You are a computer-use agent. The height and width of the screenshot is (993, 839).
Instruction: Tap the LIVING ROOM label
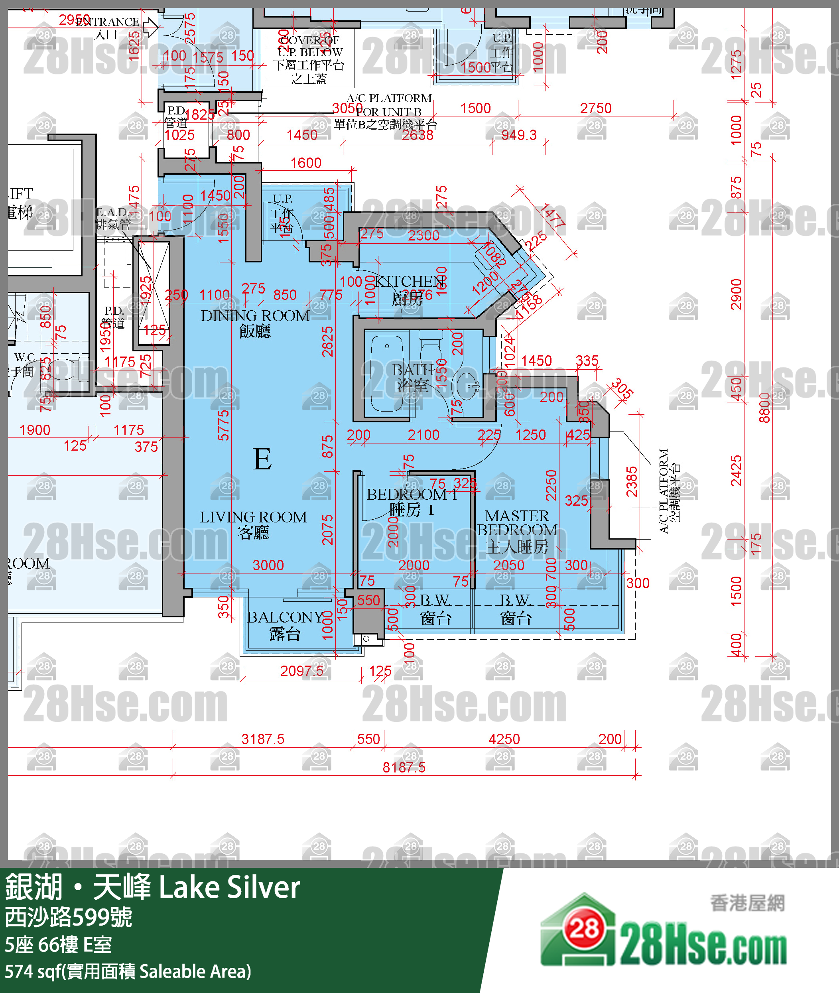[x=253, y=524]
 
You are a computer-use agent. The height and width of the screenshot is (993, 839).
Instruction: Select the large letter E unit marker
[x=262, y=459]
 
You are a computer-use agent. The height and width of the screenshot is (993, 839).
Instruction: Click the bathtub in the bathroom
[x=387, y=373]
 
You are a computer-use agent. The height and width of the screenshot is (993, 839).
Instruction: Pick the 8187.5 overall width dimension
[x=404, y=767]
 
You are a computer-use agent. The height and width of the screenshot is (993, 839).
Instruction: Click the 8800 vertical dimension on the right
[x=764, y=408]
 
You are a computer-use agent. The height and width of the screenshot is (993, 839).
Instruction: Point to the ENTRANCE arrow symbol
[x=151, y=27]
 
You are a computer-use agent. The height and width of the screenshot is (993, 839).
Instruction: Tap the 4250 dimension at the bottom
[x=504, y=739]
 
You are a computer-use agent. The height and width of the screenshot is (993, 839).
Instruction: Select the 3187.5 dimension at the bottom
[x=262, y=739]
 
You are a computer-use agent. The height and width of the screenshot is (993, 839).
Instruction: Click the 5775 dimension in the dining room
[x=223, y=426]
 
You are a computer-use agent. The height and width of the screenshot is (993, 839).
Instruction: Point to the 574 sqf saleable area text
[x=128, y=971]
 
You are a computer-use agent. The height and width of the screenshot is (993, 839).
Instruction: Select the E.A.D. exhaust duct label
[x=113, y=218]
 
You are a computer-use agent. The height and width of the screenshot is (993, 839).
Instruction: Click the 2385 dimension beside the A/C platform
[x=631, y=482]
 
